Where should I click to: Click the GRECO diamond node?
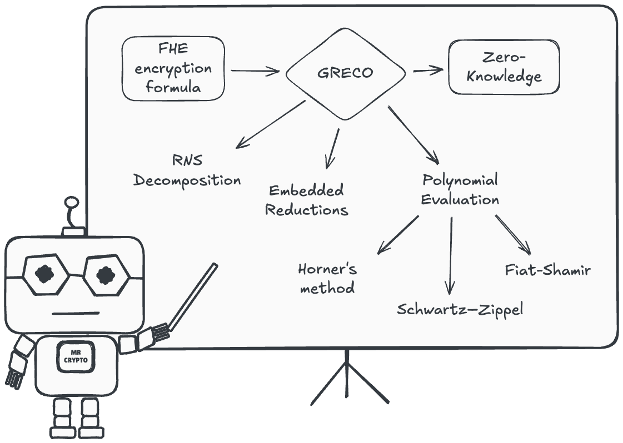(345, 73)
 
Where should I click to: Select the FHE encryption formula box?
(173, 69)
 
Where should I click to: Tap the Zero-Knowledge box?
(504, 68)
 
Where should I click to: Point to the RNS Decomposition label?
(187, 170)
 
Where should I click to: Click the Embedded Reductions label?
(306, 200)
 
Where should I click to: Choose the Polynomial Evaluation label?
(460, 190)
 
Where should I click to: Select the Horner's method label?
(327, 278)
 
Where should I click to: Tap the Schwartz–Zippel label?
(460, 309)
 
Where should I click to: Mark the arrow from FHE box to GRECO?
(255, 71)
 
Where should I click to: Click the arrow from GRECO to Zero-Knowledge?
(427, 71)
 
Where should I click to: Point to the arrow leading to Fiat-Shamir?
(513, 235)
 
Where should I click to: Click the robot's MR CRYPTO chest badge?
(75, 356)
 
